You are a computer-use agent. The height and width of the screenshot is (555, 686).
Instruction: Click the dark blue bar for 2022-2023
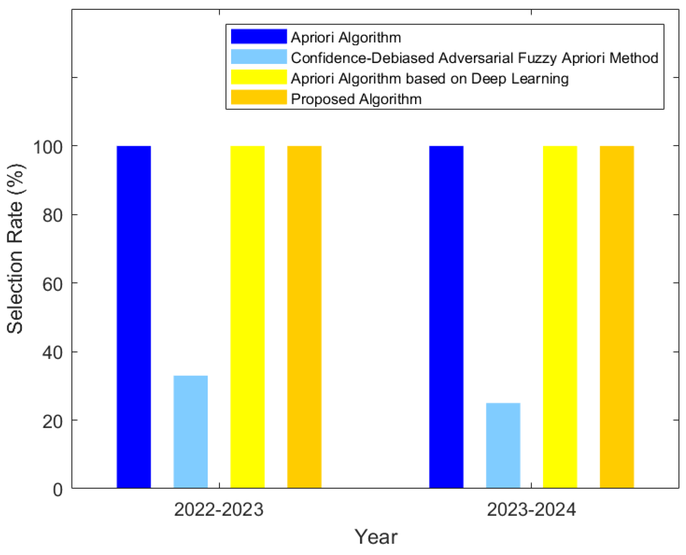pos(134,317)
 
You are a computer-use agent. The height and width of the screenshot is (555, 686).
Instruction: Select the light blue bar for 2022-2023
pos(191,432)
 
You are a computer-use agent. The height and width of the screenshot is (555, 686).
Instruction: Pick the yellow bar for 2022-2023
pos(247,317)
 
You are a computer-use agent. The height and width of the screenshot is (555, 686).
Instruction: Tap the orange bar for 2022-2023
pos(304,317)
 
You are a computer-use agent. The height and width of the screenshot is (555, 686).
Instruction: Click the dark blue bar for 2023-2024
pos(446,317)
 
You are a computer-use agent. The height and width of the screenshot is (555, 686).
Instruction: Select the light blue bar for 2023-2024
pos(503,446)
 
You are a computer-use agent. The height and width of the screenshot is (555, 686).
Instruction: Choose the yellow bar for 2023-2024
pos(560,317)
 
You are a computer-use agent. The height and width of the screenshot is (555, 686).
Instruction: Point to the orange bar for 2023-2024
pos(617,317)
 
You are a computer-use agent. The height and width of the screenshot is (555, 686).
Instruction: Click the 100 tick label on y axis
pos(48,147)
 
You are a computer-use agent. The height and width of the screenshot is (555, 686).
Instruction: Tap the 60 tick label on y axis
pos(52,284)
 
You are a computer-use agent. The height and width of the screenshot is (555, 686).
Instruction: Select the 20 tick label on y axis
pos(52,421)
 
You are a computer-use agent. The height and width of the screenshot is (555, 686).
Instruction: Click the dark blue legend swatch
pos(259,37)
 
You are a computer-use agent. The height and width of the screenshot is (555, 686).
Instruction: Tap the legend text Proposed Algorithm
pos(356,99)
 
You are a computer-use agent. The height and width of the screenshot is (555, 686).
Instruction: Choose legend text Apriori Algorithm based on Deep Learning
pos(430,78)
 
